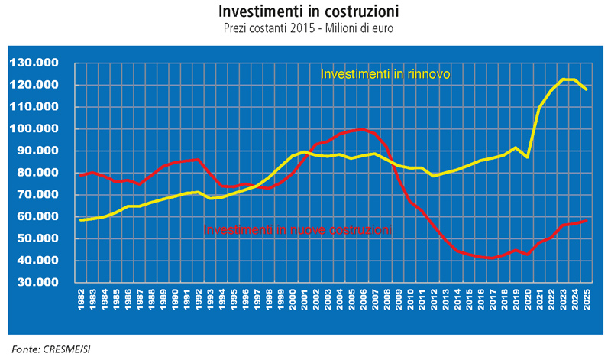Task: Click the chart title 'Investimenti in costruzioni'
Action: [x=309, y=13]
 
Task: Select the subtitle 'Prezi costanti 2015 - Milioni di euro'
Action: [x=309, y=28]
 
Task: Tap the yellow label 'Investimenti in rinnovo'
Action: [x=385, y=74]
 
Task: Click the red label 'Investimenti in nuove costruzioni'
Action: [x=297, y=229]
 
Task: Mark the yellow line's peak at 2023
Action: [x=563, y=79]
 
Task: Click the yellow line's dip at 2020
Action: [x=526, y=157]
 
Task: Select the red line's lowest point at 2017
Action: [x=490, y=258]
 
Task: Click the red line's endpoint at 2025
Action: [x=587, y=221]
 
